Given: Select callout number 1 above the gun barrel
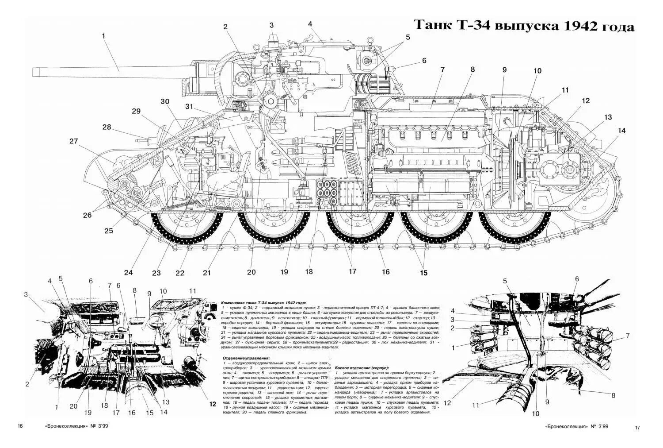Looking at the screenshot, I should click(x=104, y=36).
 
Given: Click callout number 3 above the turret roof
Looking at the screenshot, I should click(x=271, y=25).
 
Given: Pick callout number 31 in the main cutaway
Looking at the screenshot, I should click(x=190, y=106).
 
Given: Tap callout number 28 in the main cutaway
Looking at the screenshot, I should click(x=107, y=127).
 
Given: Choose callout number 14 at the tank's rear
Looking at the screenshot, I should click(x=622, y=131).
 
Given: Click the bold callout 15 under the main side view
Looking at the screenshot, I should click(x=423, y=273).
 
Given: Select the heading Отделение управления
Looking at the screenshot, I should click(x=246, y=358).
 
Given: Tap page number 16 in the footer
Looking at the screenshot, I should click(x=20, y=426).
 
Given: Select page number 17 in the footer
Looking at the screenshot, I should click(x=637, y=428).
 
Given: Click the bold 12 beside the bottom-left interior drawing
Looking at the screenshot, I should click(x=213, y=404).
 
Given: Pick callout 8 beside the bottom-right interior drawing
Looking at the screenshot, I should click(x=613, y=395).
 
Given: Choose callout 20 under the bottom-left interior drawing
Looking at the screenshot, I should click(x=73, y=407).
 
